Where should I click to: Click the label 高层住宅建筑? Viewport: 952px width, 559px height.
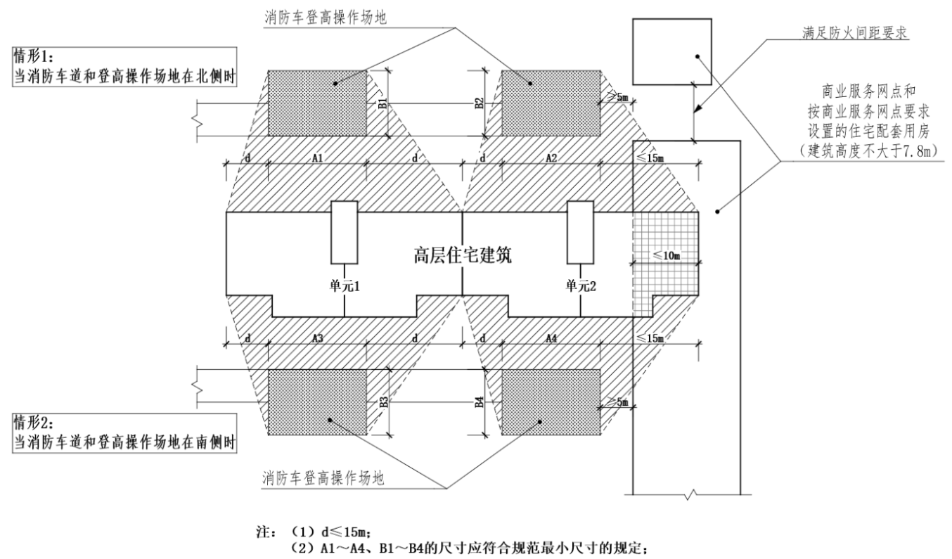tap(462, 254)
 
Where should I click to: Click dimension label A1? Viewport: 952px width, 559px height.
tap(317, 158)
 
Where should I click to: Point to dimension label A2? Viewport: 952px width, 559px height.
tap(551, 158)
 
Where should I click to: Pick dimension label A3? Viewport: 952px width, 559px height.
tap(317, 338)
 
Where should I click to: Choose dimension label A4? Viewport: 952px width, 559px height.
tap(551, 338)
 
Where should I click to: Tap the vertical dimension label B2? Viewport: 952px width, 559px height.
tap(479, 103)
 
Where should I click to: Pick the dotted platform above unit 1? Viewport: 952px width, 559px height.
tap(317, 102)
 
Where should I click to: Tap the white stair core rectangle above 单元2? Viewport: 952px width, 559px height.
tap(580, 231)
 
